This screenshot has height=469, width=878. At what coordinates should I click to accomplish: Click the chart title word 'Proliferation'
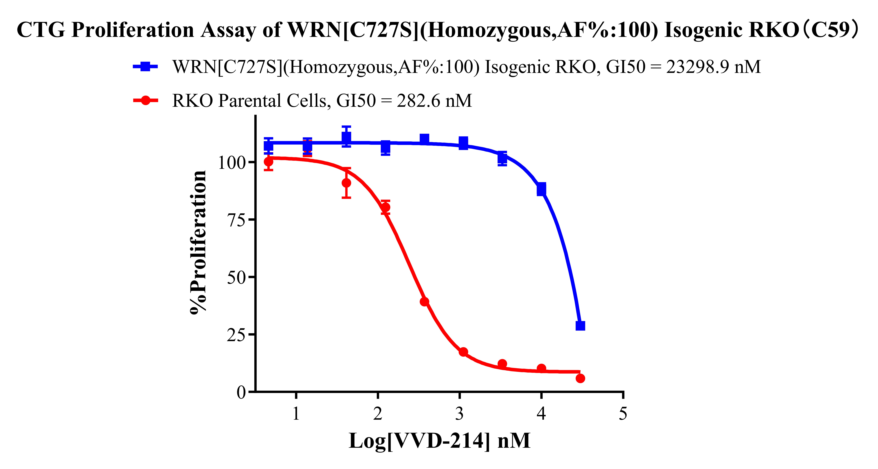pyautogui.click(x=133, y=30)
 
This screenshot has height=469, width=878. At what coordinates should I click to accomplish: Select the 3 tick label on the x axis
pyautogui.click(x=459, y=414)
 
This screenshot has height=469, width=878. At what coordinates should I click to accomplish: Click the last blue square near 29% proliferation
pyautogui.click(x=580, y=326)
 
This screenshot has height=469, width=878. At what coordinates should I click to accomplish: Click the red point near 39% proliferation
pyautogui.click(x=424, y=302)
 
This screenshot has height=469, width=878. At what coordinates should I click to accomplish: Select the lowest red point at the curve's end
pyautogui.click(x=580, y=378)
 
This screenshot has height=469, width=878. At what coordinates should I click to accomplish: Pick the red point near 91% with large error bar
pyautogui.click(x=346, y=183)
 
